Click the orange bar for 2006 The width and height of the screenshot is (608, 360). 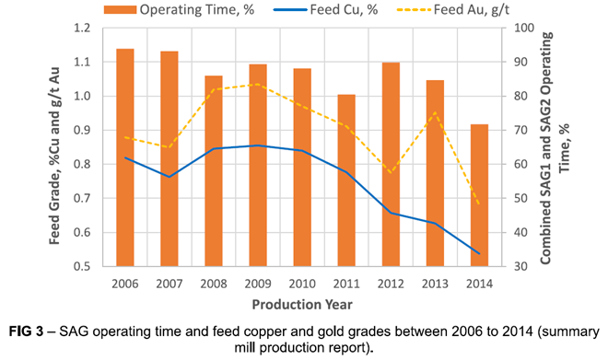[125, 157]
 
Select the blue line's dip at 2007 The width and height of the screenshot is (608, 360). [169, 177]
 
